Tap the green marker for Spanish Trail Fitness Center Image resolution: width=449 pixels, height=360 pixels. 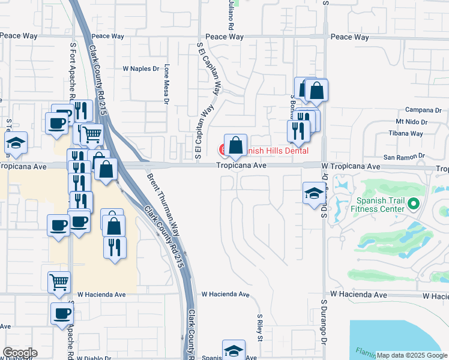412,205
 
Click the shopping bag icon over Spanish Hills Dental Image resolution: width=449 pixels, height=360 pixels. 235,145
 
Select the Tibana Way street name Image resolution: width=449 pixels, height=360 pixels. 406,133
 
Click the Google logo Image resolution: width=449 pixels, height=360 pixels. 19,353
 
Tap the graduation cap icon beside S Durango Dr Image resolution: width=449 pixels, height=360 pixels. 312,193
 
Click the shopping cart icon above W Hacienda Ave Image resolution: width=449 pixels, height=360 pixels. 59,281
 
